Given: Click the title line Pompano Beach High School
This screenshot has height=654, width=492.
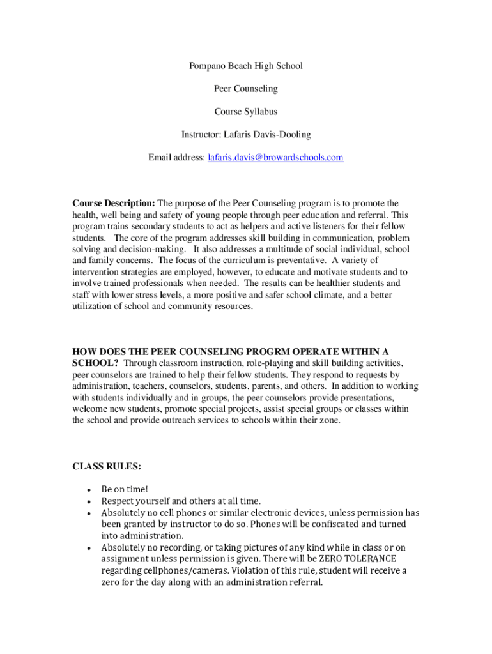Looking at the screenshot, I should click(x=245, y=66).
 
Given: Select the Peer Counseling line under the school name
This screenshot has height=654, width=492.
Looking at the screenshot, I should click(x=245, y=89).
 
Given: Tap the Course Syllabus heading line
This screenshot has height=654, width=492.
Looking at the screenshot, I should click(x=245, y=112).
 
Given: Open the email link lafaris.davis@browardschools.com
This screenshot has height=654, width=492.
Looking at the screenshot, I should click(x=275, y=158).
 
